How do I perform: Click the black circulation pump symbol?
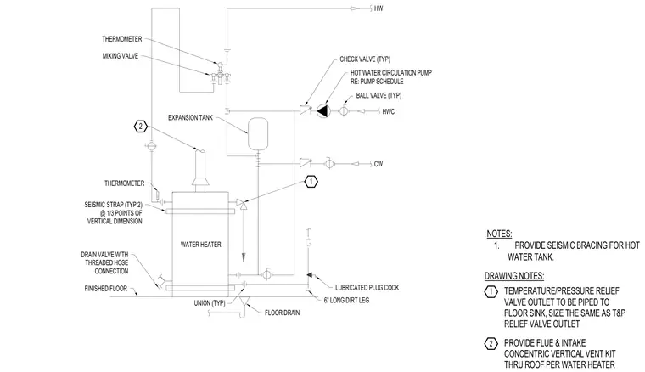(323, 110)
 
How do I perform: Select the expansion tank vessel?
(258, 133)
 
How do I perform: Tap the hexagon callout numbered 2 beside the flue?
(141, 127)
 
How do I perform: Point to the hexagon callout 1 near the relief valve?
(311, 182)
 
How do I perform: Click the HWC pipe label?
(389, 111)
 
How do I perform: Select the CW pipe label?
(379, 164)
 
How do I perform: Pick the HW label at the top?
(379, 8)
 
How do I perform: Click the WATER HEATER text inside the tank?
(201, 245)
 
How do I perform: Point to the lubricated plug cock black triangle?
(309, 275)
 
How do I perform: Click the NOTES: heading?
(499, 234)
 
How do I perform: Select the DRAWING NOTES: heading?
(514, 276)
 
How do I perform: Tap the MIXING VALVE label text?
(121, 56)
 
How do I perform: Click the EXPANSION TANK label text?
(190, 118)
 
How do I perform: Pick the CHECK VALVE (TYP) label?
(365, 59)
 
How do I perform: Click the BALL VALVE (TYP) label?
(379, 95)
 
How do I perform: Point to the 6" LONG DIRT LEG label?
(346, 300)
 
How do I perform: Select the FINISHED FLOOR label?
(106, 289)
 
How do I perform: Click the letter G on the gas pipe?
(309, 242)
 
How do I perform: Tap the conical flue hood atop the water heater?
(201, 181)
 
